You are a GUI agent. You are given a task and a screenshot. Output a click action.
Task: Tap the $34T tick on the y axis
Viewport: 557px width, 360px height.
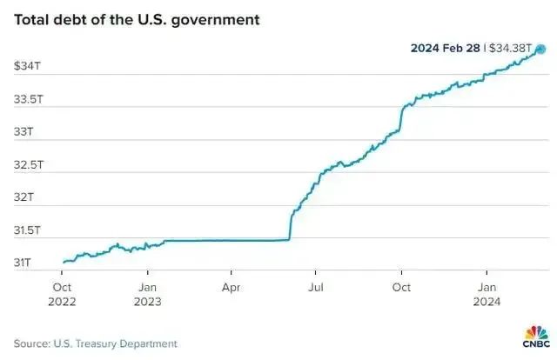click(x=26, y=66)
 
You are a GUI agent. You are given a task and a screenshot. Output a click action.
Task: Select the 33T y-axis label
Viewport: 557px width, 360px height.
click(x=23, y=132)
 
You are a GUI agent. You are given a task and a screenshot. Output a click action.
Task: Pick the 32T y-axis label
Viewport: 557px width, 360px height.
click(x=23, y=197)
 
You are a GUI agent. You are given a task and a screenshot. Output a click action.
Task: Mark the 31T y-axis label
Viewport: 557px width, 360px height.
click(x=23, y=263)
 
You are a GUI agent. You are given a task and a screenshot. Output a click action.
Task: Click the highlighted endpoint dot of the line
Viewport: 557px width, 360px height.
click(x=540, y=50)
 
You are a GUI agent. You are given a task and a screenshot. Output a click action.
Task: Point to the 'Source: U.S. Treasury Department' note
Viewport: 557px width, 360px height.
click(x=95, y=343)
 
